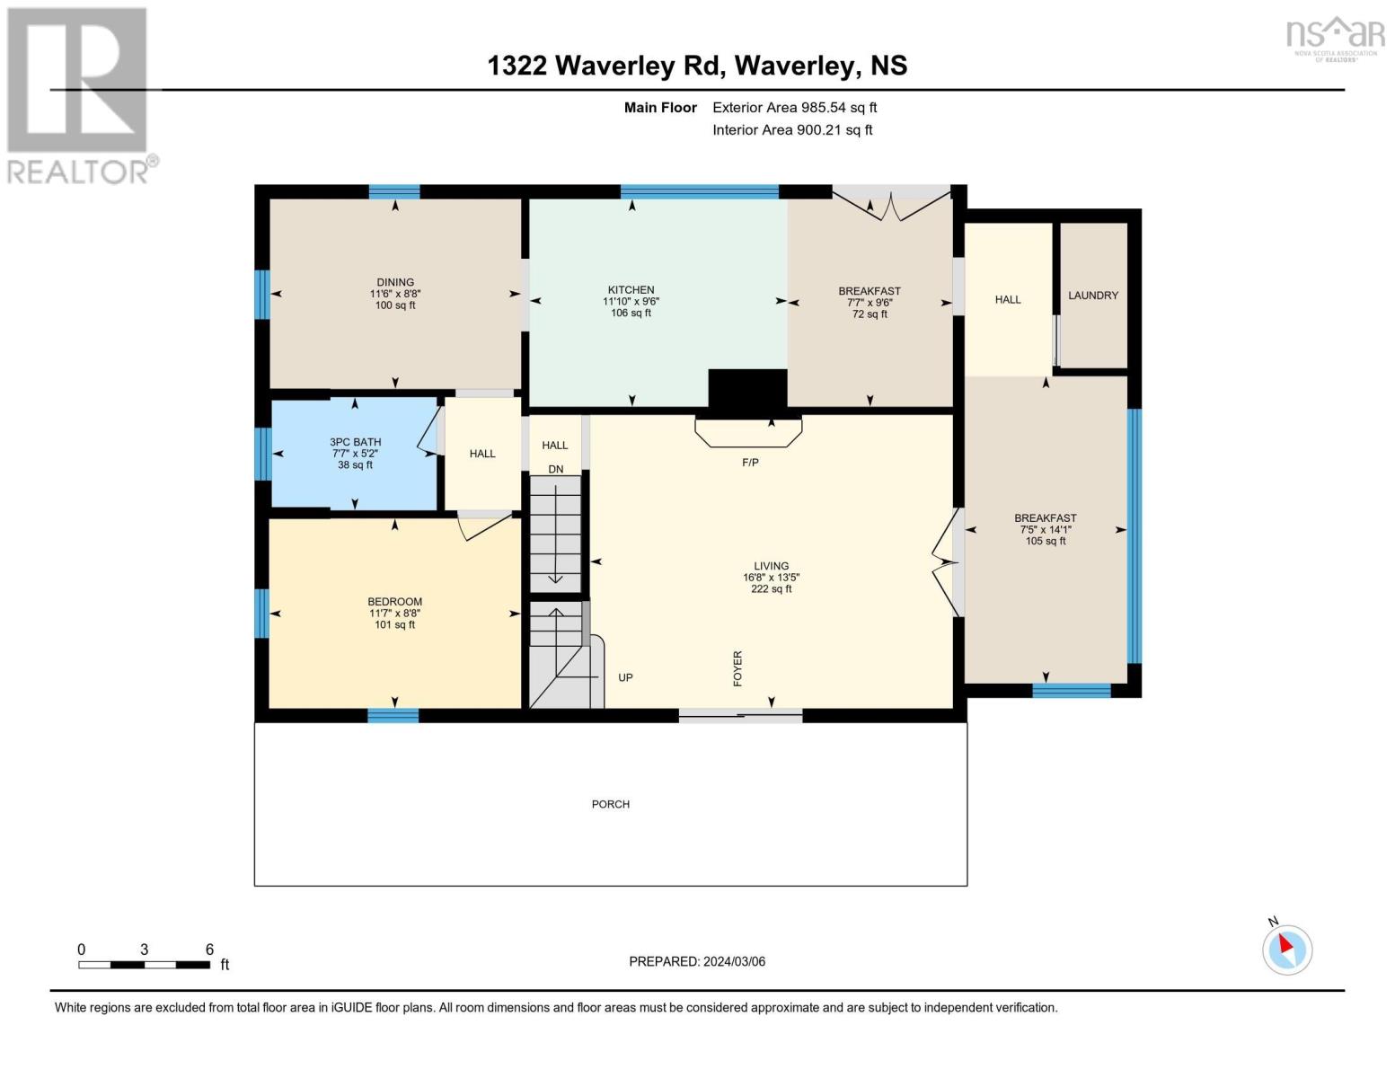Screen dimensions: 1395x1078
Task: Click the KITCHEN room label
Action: tap(631, 290)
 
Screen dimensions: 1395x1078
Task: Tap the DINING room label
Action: tap(395, 282)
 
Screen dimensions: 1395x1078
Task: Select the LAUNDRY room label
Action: tap(1092, 296)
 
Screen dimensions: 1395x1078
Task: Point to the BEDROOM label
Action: tap(395, 602)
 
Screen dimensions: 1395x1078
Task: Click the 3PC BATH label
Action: tap(355, 442)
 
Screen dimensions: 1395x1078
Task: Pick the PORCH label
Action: tap(611, 805)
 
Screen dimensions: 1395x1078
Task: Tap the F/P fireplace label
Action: tap(750, 463)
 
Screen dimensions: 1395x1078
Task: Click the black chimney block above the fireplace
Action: tap(747, 389)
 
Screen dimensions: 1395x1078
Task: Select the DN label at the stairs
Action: tap(556, 469)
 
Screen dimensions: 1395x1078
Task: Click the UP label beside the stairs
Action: tap(625, 677)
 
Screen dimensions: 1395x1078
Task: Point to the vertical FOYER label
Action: tap(737, 668)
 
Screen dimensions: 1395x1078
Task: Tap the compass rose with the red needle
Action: tap(1286, 950)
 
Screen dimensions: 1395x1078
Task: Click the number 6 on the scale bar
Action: tap(209, 949)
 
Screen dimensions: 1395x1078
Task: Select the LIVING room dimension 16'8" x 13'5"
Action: tap(771, 578)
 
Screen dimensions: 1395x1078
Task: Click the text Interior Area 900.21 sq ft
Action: tap(792, 129)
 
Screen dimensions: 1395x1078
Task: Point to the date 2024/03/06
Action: tap(734, 962)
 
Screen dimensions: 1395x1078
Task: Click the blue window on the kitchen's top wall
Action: tap(700, 191)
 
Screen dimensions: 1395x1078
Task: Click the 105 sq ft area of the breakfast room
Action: tap(1045, 542)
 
